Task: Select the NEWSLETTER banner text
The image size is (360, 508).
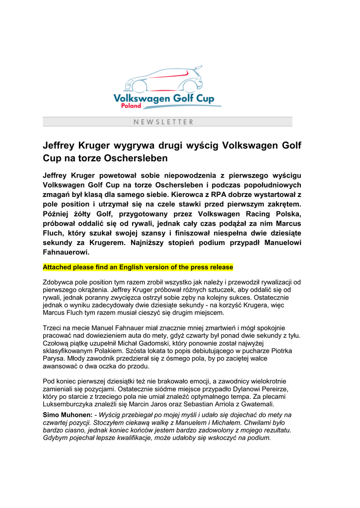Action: click(x=163, y=122)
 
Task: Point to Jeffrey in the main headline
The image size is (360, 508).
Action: click(x=62, y=146)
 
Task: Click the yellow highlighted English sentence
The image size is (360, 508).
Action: click(x=138, y=267)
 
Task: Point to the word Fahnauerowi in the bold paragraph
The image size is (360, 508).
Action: click(x=66, y=252)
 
